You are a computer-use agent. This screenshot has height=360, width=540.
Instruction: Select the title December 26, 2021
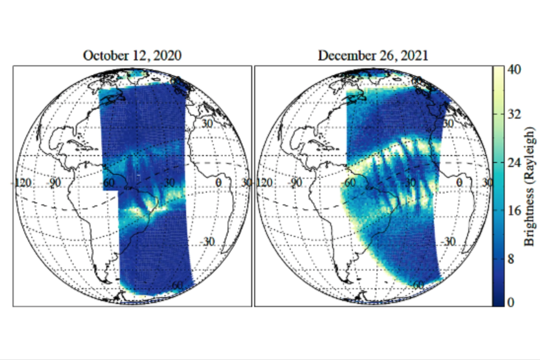(373, 56)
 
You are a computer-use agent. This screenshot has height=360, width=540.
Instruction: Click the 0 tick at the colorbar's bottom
(510, 302)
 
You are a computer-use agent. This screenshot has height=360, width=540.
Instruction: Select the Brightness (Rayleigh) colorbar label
(530, 185)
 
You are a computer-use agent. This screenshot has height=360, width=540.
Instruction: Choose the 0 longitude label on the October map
(218, 183)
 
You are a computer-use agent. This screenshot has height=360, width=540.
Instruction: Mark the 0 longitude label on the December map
(459, 183)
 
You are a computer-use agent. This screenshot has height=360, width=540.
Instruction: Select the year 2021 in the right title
(413, 56)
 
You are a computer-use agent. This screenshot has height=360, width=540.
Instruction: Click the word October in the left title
(103, 56)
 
